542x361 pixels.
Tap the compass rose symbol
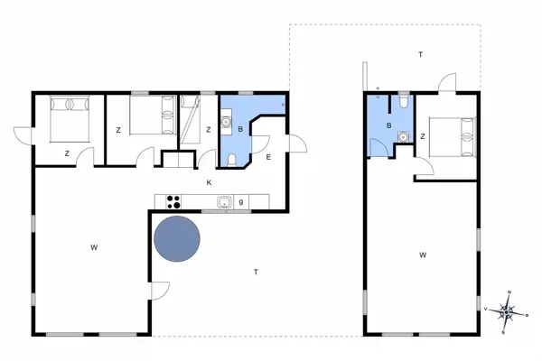pyautogui.click(x=509, y=311)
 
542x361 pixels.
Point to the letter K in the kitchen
pyautogui.click(x=209, y=183)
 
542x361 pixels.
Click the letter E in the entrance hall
pyautogui.click(x=268, y=157)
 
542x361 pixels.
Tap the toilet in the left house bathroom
pyautogui.click(x=233, y=161)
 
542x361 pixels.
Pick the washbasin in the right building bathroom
pyautogui.click(x=403, y=137)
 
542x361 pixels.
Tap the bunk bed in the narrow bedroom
pyautogui.click(x=192, y=120)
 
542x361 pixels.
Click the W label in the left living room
pyautogui.click(x=93, y=246)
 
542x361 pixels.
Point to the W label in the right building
pyautogui.click(x=423, y=255)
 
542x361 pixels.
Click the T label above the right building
pyautogui.click(x=420, y=55)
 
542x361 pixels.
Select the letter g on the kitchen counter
pyautogui.click(x=240, y=202)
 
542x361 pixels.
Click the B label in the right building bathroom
pyautogui.click(x=388, y=126)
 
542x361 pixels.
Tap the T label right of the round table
pyautogui.click(x=256, y=272)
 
